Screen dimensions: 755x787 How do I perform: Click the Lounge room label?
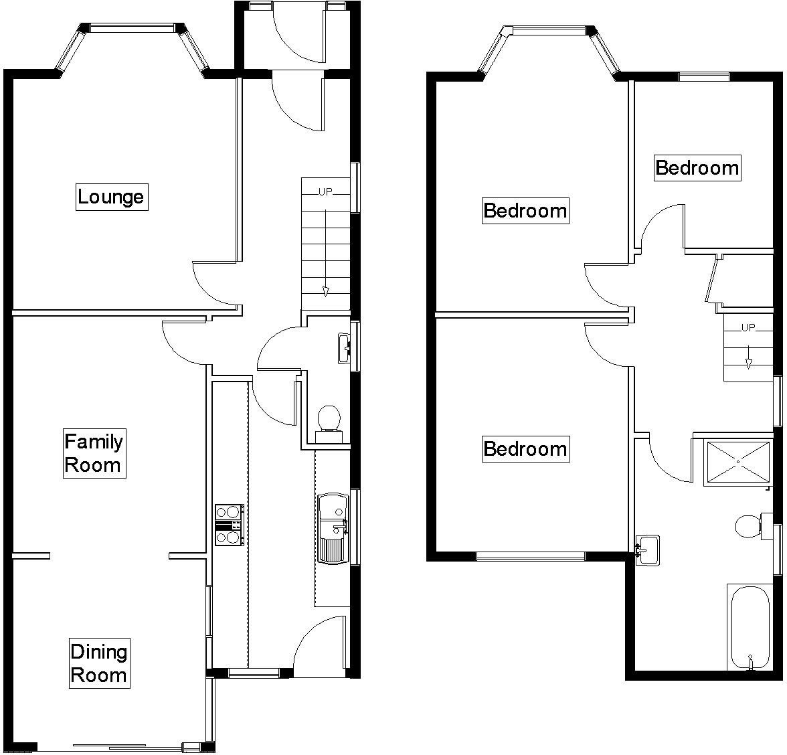coord(111,197)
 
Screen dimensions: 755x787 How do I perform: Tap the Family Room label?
coord(94,453)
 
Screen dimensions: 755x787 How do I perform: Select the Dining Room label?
coord(99,663)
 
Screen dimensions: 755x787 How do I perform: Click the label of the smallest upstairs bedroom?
coord(697,167)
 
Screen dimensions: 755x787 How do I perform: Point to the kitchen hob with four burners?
coord(228,524)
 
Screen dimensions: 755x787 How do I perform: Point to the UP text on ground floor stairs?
coord(325,192)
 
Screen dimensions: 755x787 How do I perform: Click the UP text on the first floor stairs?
coord(748,328)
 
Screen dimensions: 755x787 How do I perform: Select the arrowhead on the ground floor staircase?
coord(325,291)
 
